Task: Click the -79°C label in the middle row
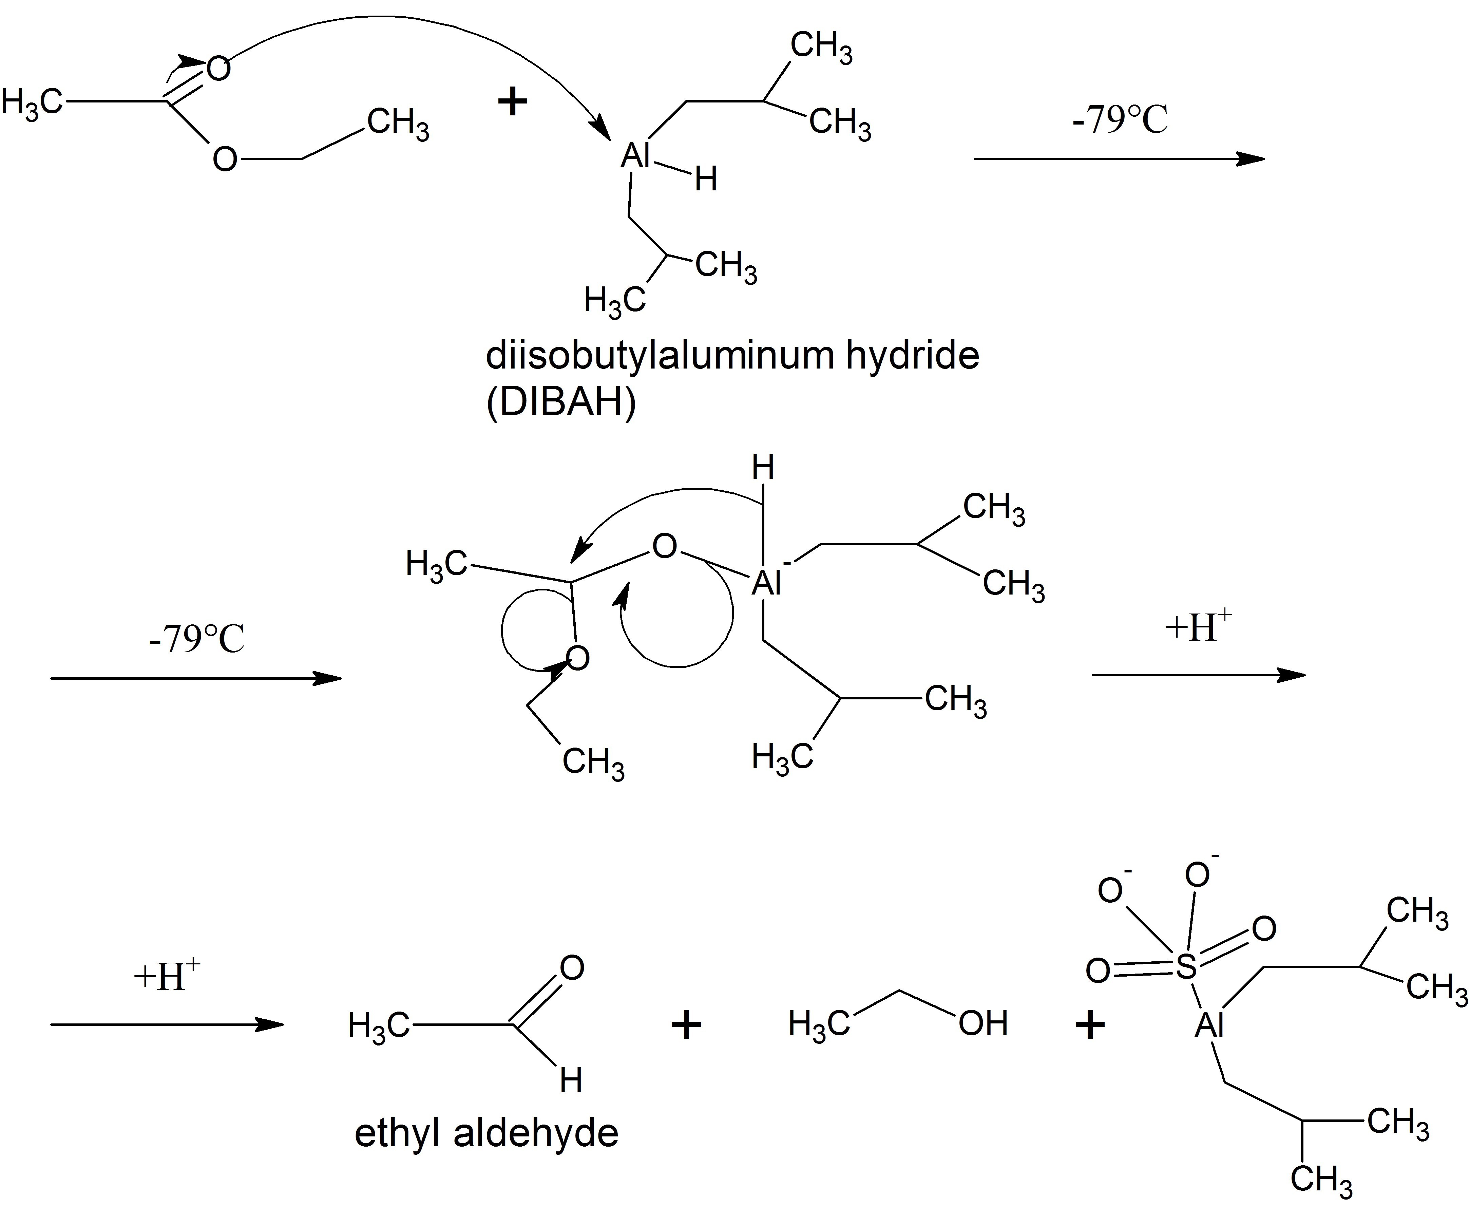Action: click(x=196, y=639)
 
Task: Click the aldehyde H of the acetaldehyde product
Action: click(x=571, y=1081)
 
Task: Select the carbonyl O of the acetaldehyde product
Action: click(x=572, y=968)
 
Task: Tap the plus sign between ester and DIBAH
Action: click(x=513, y=103)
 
